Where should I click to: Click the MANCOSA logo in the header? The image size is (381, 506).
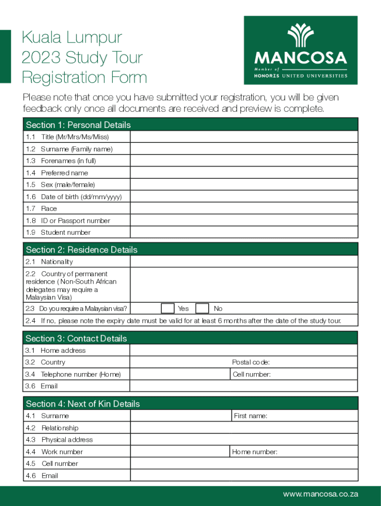tap(300, 50)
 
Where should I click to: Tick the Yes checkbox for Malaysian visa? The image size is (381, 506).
tap(168, 308)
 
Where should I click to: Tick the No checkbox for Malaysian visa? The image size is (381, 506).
tap(202, 308)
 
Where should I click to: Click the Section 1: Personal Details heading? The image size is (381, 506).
tap(78, 125)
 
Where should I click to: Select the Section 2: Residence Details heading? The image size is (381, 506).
tap(82, 250)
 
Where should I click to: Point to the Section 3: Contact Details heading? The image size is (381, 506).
tap(76, 338)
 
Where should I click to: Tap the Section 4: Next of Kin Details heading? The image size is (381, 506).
tap(83, 404)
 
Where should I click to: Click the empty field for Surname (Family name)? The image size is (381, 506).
tap(243, 149)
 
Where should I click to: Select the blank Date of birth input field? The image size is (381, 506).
tap(243, 197)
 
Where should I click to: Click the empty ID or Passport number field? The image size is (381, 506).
tap(243, 220)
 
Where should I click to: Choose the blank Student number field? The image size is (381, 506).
tap(243, 232)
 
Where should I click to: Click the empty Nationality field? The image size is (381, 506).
tap(243, 261)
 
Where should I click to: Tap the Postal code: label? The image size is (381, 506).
tap(250, 362)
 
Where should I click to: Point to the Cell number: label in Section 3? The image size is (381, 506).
tap(252, 375)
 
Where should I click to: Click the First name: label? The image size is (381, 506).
tap(250, 416)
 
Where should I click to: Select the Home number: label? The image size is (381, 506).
tap(254, 452)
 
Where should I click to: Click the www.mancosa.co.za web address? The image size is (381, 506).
tap(320, 494)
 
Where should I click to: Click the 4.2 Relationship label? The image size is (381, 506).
tap(59, 428)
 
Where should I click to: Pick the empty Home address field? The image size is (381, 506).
tap(243, 350)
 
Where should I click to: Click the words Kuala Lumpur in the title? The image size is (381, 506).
tap(72, 38)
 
